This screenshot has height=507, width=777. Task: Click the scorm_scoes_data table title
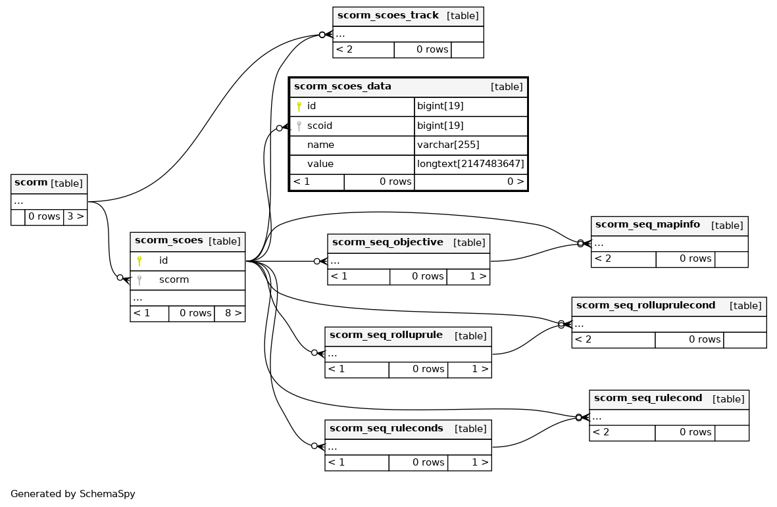click(342, 86)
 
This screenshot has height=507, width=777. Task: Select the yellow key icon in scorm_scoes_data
click(299, 107)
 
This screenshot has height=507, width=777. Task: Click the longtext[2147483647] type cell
click(470, 164)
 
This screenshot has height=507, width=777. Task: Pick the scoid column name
click(320, 126)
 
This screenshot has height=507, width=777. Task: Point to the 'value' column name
click(320, 164)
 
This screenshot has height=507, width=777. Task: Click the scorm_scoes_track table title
click(388, 15)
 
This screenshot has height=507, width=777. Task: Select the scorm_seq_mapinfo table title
click(647, 224)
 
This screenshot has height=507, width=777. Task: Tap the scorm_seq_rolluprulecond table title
click(645, 305)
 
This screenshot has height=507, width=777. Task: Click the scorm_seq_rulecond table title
click(648, 398)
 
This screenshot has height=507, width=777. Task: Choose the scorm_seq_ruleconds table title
click(386, 428)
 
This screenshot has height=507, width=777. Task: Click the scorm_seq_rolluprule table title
click(386, 335)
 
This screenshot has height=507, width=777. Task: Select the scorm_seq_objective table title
click(388, 242)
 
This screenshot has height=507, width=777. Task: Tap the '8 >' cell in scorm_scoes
click(230, 313)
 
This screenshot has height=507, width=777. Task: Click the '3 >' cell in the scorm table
click(75, 216)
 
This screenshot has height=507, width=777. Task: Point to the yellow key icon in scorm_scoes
click(139, 261)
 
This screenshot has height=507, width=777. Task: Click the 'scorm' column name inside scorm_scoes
click(174, 279)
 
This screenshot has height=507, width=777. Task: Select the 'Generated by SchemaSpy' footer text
click(73, 494)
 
